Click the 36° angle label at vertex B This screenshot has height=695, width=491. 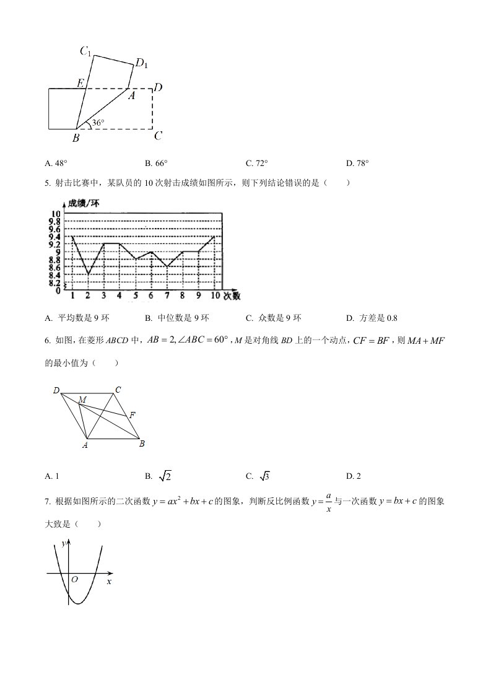point(98,123)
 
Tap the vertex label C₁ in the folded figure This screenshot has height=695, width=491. point(86,52)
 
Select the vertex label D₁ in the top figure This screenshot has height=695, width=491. point(141,63)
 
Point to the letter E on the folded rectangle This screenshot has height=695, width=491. point(80,83)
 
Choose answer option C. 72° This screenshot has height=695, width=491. point(257,164)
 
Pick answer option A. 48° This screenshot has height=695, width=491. point(56,164)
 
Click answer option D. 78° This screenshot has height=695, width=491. point(358,164)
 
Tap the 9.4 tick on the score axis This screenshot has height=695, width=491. point(55,237)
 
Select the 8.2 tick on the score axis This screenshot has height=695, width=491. point(55,282)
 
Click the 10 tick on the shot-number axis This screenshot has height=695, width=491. point(214,295)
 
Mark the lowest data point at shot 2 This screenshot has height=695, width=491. point(88,274)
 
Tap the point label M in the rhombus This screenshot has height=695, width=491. point(82,400)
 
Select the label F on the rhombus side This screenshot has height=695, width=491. point(133,414)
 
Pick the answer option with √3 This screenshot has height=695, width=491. point(258,476)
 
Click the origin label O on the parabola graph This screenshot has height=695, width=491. point(74,580)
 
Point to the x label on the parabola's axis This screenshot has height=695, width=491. point(109,582)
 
